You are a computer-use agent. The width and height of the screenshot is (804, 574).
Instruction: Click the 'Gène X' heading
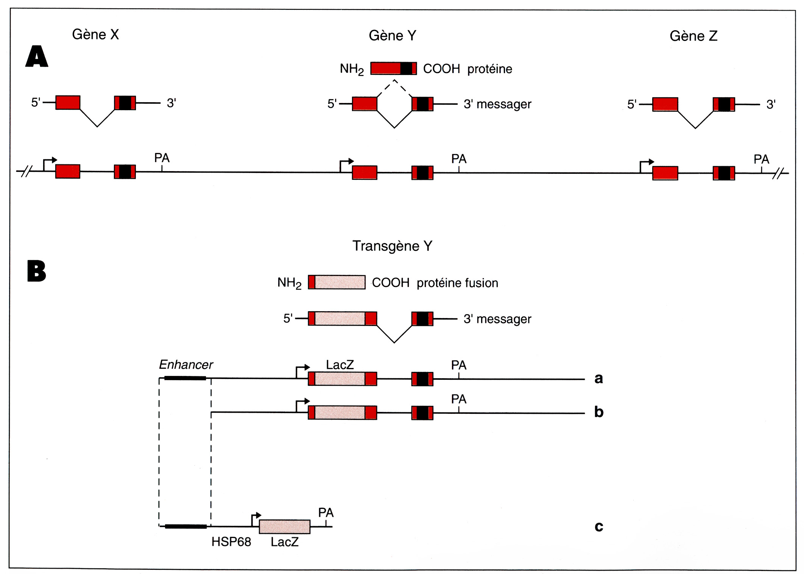pos(95,34)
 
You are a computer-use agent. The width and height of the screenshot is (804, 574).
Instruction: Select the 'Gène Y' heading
pos(392,36)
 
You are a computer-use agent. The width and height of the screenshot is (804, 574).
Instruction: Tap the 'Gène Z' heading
pos(693,36)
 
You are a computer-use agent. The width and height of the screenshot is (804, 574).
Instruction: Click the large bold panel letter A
pos(37,56)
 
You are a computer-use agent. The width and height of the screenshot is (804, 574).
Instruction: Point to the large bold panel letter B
pos(36,271)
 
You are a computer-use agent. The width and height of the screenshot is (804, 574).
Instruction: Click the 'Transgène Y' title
pos(392,246)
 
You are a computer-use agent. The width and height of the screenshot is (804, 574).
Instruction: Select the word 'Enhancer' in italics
pos(185,365)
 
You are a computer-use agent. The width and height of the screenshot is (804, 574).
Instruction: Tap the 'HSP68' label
pos(231,542)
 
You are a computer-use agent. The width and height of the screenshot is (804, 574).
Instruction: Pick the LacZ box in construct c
pos(284,527)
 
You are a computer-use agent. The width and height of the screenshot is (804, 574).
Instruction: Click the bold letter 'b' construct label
pos(598,412)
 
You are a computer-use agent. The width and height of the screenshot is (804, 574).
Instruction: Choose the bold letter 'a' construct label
pos(598,378)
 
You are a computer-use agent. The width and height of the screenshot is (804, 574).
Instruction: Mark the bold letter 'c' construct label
pos(598,526)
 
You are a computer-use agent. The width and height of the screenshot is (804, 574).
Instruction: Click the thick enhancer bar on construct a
pos(185,378)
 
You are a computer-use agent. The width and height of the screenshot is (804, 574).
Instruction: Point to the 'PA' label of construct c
pos(326,513)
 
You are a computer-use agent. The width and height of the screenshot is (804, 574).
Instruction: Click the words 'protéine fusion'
pos(457,283)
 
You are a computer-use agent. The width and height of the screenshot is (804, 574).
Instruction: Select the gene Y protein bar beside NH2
pos(393,69)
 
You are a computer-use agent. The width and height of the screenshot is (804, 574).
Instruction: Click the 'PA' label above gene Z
pos(761,159)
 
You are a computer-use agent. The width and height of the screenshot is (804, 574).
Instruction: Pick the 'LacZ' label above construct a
pos(340,365)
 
